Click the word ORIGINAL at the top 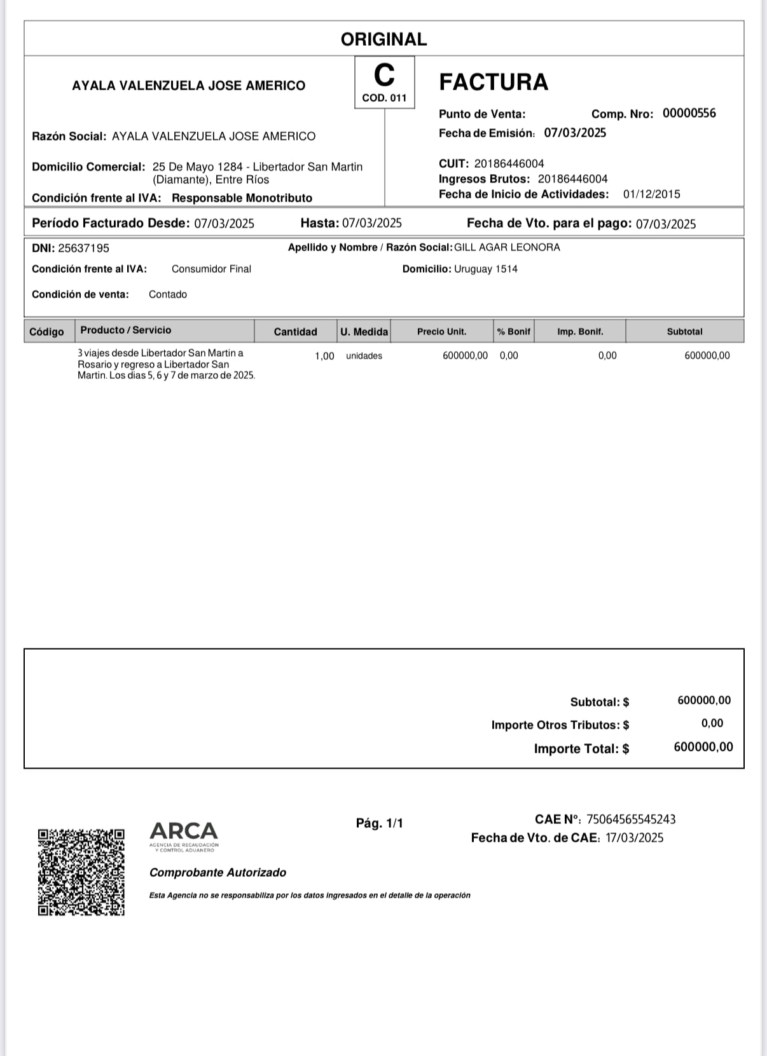pos(383,39)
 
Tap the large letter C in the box pos(384,76)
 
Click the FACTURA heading pos(494,82)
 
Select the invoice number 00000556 pos(689,113)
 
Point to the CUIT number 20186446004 pos(509,163)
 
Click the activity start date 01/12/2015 pos(651,195)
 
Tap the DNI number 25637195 pos(83,248)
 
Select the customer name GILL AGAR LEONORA pos(507,247)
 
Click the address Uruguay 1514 pos(485,269)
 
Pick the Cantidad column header pos(295,331)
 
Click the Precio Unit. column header pos(441,331)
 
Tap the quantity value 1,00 pos(324,356)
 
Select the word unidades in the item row pos(364,356)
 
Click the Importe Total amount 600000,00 pos(703,747)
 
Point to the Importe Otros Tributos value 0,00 pos(712,723)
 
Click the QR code pos(81,872)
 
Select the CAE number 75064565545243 pos(631,819)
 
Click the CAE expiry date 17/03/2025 pos(634,838)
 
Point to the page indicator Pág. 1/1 pos(379,823)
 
